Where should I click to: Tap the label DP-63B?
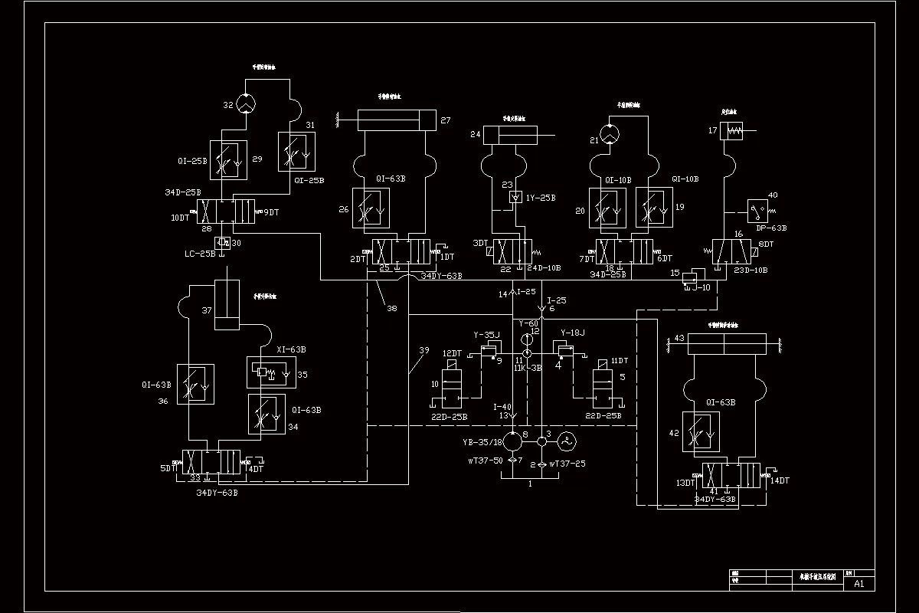[x=771, y=228]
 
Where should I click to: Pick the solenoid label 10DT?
[x=180, y=218]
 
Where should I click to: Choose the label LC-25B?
[x=200, y=253]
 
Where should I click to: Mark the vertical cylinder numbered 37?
[x=227, y=305]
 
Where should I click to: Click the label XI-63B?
[x=291, y=349]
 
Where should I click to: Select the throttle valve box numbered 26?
[x=371, y=208]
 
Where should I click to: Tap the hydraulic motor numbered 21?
[x=610, y=134]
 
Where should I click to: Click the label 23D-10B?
[x=751, y=270]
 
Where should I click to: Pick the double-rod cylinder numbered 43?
[x=727, y=344]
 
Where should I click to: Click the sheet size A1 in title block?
[x=858, y=583]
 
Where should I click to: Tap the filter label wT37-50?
[x=486, y=461]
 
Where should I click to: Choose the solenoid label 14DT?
[x=780, y=480]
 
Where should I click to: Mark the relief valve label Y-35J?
[x=486, y=335]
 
